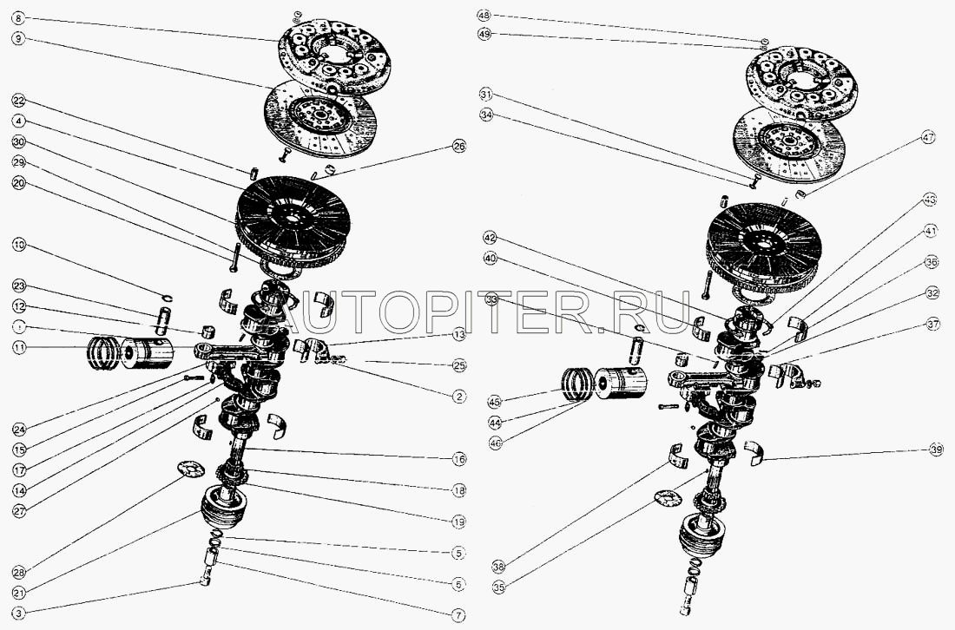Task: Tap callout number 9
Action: pos(19,38)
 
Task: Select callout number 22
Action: pos(19,99)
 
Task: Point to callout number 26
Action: pos(459,148)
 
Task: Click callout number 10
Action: pos(19,246)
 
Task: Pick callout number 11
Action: pos(19,347)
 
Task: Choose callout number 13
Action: pos(459,335)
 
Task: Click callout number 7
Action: pos(459,614)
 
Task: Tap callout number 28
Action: pos(19,571)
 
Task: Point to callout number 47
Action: pos(930,136)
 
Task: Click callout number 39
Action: pos(936,450)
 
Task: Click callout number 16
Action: pos(459,459)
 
